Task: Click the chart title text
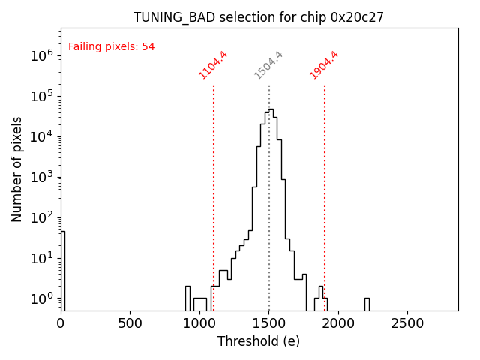pyautogui.click(x=259, y=17)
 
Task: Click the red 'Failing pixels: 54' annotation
pyautogui.click(x=111, y=46)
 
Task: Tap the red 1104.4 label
pyautogui.click(x=213, y=65)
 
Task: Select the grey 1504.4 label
pyautogui.click(x=268, y=65)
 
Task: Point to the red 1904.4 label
pyautogui.click(x=324, y=65)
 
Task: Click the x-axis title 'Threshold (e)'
pyautogui.click(x=259, y=341)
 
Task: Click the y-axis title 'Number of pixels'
pyautogui.click(x=17, y=169)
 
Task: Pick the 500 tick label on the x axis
pyautogui.click(x=130, y=323)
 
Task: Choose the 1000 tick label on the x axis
pyautogui.click(x=199, y=323)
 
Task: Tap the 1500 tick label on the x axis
pyautogui.click(x=268, y=323)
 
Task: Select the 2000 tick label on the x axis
pyautogui.click(x=338, y=323)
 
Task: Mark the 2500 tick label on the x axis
pyautogui.click(x=407, y=323)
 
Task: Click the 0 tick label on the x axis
pyautogui.click(x=61, y=323)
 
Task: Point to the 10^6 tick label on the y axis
pyautogui.click(x=41, y=55)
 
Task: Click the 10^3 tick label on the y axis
pyautogui.click(x=41, y=177)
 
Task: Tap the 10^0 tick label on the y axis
pyautogui.click(x=41, y=298)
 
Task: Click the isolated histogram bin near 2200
pyautogui.click(x=367, y=303)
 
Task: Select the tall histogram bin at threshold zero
pyautogui.click(x=63, y=270)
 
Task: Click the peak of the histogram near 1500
pyautogui.click(x=271, y=109)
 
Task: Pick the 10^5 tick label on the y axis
pyautogui.click(x=41, y=96)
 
